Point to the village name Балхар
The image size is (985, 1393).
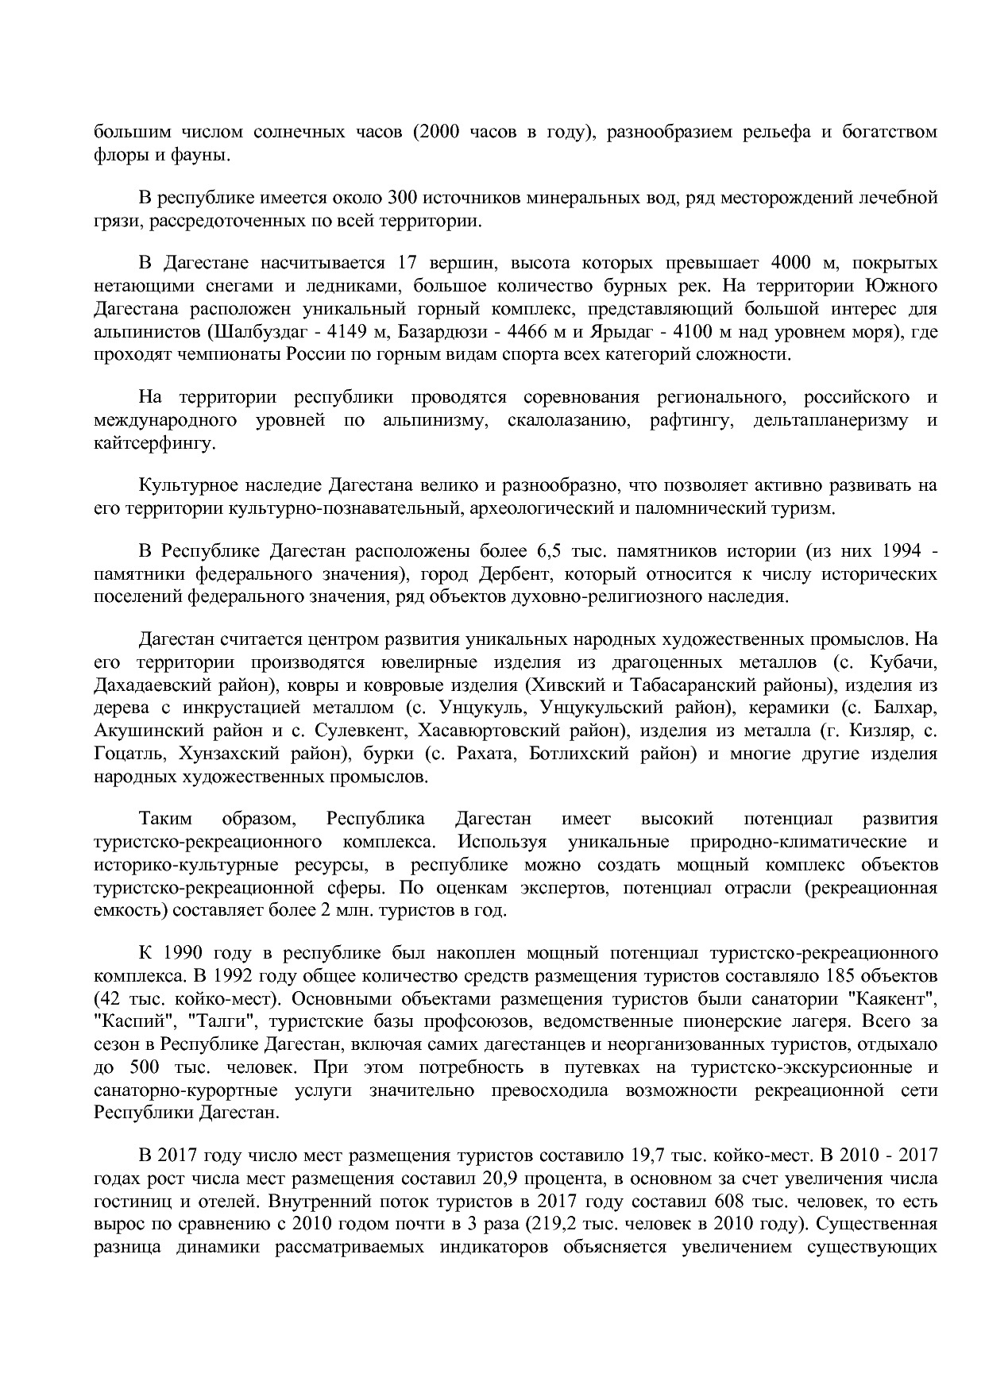tap(910, 707)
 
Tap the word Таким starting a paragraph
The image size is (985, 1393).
tap(164, 818)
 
